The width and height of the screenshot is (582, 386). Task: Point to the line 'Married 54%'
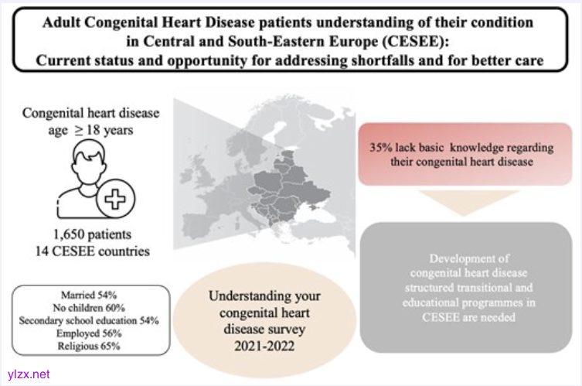91,295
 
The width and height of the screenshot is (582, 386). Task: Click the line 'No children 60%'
91,306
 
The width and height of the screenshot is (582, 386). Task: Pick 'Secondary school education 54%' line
91,317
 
